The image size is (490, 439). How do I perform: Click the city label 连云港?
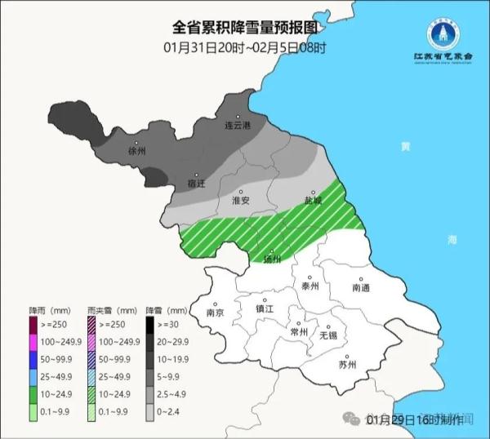pyautogui.click(x=237, y=126)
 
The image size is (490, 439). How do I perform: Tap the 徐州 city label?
pyautogui.click(x=137, y=152)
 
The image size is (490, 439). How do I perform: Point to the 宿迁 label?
pyautogui.click(x=197, y=182)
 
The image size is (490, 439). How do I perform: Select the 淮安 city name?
pyautogui.click(x=240, y=200)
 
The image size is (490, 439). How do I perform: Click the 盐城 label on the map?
pyautogui.click(x=314, y=200)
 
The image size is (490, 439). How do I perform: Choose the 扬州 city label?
pyautogui.click(x=272, y=259)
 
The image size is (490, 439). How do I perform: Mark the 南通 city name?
pyautogui.click(x=361, y=288)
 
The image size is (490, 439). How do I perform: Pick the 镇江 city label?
pyautogui.click(x=265, y=309)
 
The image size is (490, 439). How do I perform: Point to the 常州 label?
pyautogui.click(x=299, y=331)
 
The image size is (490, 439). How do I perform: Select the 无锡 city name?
pyautogui.click(x=328, y=335)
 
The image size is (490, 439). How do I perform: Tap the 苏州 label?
pyautogui.click(x=347, y=365)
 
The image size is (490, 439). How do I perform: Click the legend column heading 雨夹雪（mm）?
pyautogui.click(x=111, y=312)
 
